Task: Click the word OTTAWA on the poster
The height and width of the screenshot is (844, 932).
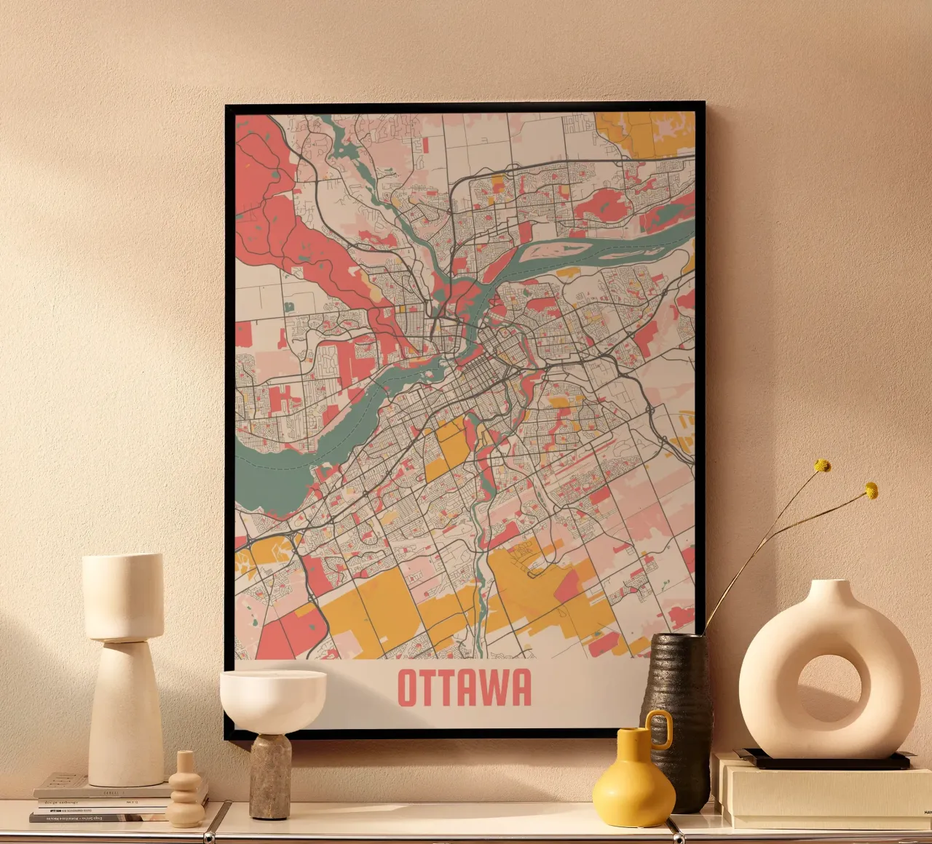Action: tap(465, 688)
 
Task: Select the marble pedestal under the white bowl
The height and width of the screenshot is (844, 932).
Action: tap(270, 776)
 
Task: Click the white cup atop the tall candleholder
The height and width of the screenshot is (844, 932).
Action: tap(122, 597)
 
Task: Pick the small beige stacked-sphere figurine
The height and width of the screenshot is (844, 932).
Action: tap(186, 793)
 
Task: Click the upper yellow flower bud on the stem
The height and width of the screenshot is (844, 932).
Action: tap(823, 466)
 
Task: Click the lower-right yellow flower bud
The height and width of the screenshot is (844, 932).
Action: tap(871, 490)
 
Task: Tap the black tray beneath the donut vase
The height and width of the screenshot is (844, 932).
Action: tap(823, 761)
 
